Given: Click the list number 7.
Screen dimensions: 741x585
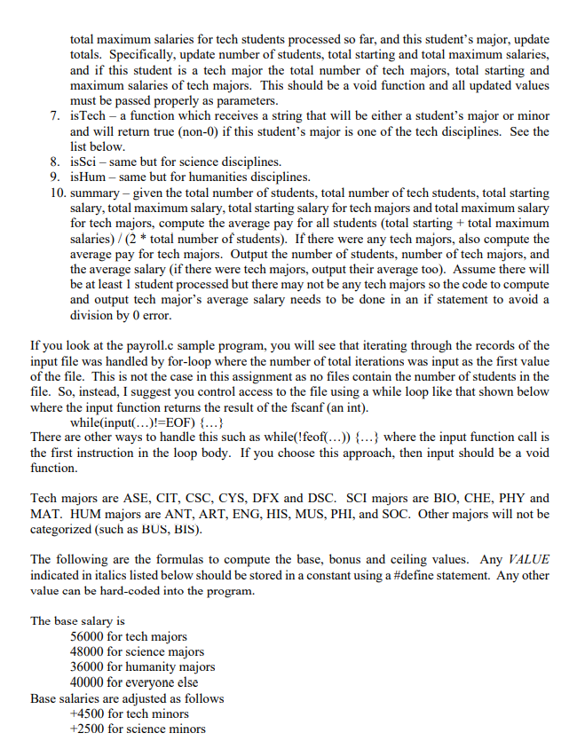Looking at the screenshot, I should (55, 117).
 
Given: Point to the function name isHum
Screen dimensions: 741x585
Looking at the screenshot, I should (87, 177).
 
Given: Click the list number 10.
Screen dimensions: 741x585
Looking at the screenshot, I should (58, 193).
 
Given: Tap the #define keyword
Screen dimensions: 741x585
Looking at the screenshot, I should (365, 575).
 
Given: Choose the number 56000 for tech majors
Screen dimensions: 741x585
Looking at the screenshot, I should (88, 636).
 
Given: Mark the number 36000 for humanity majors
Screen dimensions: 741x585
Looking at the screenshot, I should (88, 666).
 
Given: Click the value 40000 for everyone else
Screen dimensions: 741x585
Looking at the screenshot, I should (88, 682).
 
